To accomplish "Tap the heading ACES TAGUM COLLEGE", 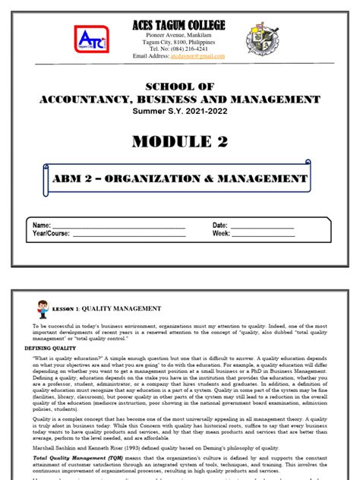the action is coord(179,25).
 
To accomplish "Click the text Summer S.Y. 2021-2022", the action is coord(179,112).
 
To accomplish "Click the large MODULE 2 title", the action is coord(179,142).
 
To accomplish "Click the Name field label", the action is coord(42,226).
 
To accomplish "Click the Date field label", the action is coord(220,226).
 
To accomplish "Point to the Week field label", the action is coord(221,234).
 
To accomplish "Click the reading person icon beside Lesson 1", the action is coord(43,309).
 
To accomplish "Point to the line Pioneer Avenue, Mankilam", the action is coord(179,36).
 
